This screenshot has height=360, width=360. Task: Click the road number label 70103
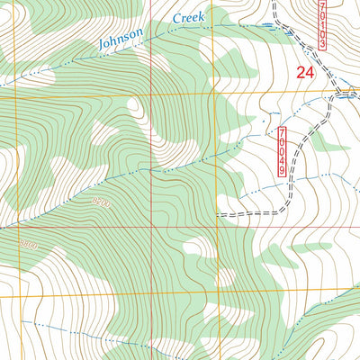point(322,24)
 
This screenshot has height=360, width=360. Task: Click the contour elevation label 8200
point(100,204)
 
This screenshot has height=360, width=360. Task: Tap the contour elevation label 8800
point(30,244)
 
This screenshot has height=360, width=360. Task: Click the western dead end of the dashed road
point(218,215)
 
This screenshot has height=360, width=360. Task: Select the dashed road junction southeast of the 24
point(337,93)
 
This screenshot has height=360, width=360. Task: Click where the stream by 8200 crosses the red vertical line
point(151,172)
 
